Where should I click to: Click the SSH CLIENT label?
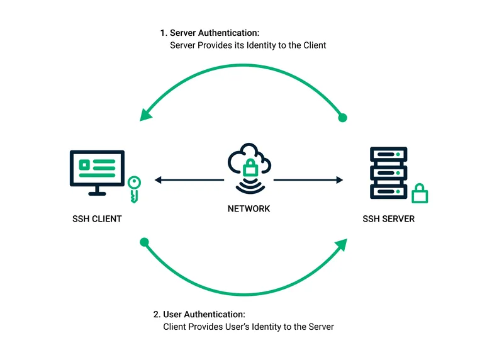click(97, 219)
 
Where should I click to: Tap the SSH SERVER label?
click(389, 219)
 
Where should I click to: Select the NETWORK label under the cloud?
click(249, 208)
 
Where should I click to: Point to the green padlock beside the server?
click(420, 193)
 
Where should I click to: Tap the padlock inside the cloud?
click(250, 167)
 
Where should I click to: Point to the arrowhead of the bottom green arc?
click(341, 244)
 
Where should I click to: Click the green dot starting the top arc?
click(343, 118)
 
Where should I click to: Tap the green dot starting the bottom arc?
click(144, 242)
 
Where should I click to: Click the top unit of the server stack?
click(388, 154)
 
